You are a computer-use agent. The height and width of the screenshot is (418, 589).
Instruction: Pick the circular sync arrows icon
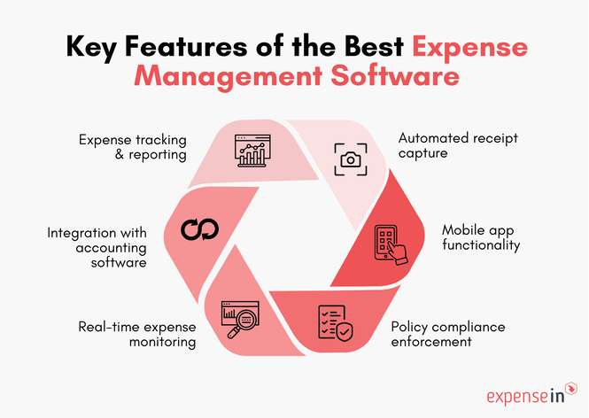(198, 230)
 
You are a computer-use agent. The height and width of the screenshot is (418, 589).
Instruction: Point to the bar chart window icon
(252, 151)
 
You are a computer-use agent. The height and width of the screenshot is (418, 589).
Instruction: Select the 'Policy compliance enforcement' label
(448, 335)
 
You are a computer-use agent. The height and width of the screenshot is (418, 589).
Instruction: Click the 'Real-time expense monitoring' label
(135, 335)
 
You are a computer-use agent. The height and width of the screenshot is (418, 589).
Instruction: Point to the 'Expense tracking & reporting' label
(132, 147)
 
